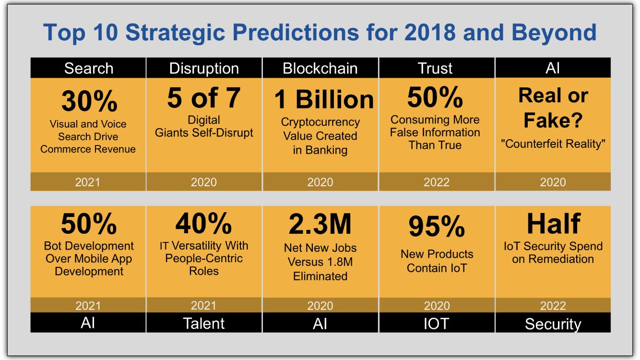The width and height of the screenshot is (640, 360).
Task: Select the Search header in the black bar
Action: click(x=88, y=68)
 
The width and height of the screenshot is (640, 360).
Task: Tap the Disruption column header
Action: click(x=204, y=68)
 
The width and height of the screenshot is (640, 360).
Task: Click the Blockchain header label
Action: click(x=320, y=68)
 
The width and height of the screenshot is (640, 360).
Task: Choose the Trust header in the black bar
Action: click(x=436, y=68)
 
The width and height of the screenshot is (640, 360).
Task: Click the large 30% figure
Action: click(x=89, y=101)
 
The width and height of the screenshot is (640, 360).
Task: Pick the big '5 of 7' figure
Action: click(x=204, y=98)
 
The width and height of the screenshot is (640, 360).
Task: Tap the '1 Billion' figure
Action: click(x=324, y=100)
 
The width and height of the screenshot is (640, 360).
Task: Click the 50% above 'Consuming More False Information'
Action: click(x=436, y=97)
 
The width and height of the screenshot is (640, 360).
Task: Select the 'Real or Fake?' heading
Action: click(x=553, y=108)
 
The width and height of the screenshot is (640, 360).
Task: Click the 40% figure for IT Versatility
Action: click(x=204, y=223)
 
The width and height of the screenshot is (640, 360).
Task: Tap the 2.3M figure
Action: click(x=320, y=224)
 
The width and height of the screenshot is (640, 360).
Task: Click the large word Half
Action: click(x=553, y=223)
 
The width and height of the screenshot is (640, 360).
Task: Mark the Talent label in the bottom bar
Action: click(x=204, y=324)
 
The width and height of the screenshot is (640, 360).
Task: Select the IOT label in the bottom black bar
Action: click(x=436, y=324)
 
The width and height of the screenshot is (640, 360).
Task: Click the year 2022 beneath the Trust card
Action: click(x=436, y=182)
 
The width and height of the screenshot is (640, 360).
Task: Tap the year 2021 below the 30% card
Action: click(x=88, y=182)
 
